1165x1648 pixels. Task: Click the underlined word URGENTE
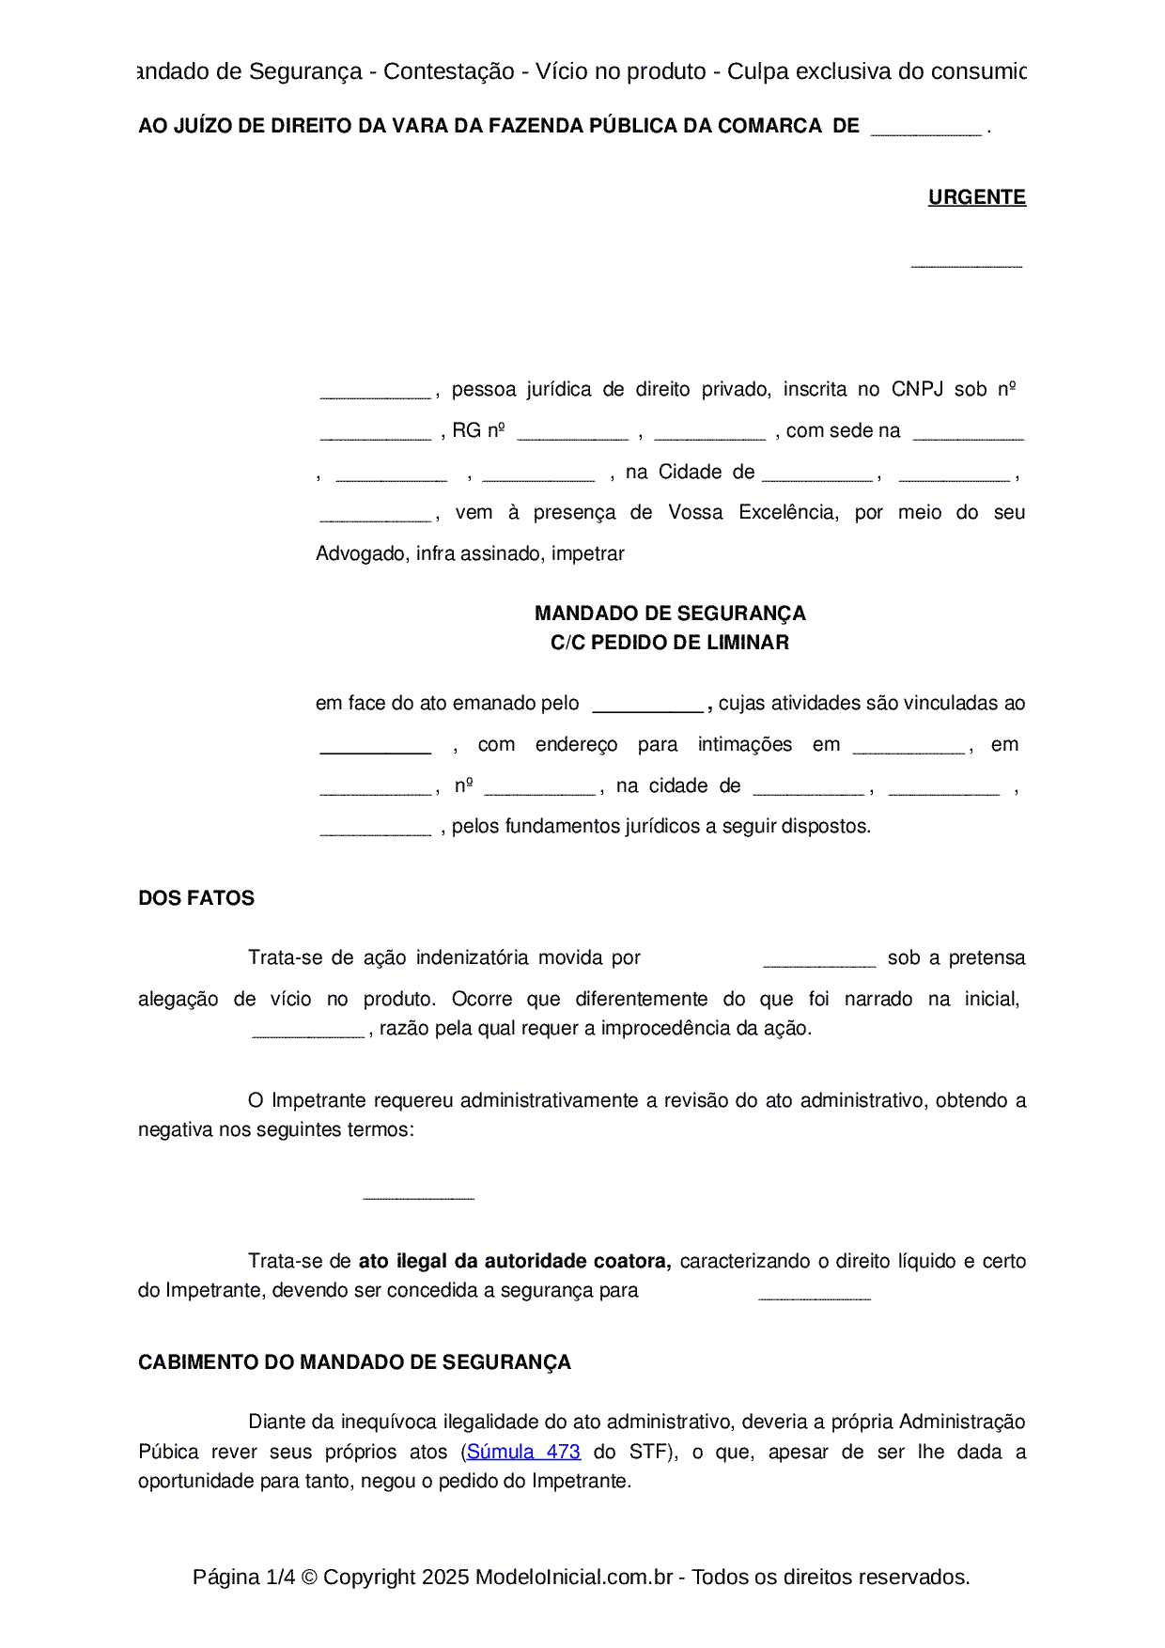(976, 197)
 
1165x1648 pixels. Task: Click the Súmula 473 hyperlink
(523, 1452)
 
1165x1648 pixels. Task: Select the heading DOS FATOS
(196, 898)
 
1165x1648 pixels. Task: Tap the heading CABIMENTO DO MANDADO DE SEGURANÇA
(354, 1362)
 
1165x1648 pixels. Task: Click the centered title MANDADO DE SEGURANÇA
(670, 614)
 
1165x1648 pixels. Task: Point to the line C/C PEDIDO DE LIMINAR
(670, 643)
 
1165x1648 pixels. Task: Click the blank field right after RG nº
(573, 432)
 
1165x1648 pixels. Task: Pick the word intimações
(745, 744)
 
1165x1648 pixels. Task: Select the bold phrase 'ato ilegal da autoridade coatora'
(515, 1261)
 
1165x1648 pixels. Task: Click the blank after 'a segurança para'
(815, 1293)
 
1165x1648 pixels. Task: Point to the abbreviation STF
(648, 1452)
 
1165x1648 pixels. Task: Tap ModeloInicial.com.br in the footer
(574, 1577)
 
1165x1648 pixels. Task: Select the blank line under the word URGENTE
(967, 263)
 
